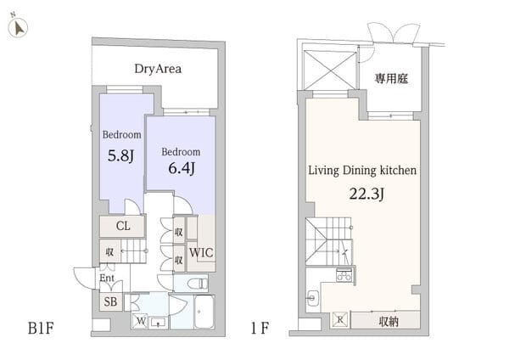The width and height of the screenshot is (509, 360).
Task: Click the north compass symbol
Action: pyautogui.click(x=18, y=28)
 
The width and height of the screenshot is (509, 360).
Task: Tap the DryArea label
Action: pyautogui.click(x=159, y=69)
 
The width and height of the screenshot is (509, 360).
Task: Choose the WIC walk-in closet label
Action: pyautogui.click(x=201, y=253)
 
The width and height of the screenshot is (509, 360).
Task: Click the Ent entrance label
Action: pyautogui.click(x=108, y=278)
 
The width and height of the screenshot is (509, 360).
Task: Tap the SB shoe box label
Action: pyautogui.click(x=110, y=301)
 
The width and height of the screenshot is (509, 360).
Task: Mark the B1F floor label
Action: pyautogui.click(x=42, y=328)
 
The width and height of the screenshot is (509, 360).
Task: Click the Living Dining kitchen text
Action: pyautogui.click(x=362, y=170)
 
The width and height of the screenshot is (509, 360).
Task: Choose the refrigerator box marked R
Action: pyautogui.click(x=339, y=321)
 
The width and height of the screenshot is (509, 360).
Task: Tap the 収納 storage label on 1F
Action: pyautogui.click(x=389, y=321)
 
